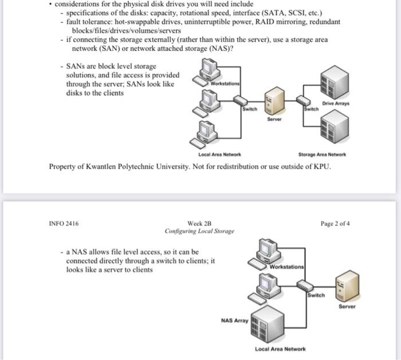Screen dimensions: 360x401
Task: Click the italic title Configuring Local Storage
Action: (x=199, y=232)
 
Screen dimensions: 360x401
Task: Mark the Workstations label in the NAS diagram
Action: (x=288, y=268)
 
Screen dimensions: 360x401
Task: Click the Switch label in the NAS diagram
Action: (x=316, y=295)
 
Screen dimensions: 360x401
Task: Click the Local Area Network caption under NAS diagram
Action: (x=280, y=349)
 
